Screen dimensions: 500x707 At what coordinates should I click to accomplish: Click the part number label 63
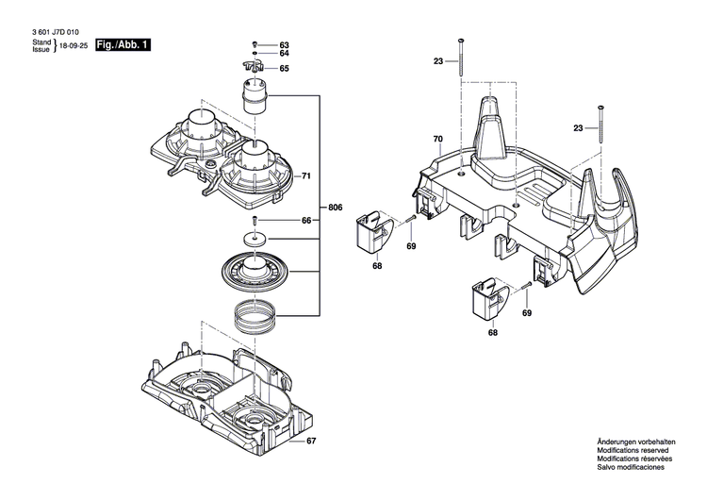tap(284, 46)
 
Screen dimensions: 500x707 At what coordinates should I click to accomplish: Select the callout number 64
tap(284, 56)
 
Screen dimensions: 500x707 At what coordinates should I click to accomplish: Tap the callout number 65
tap(284, 69)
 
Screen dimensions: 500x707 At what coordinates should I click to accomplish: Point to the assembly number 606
tap(334, 208)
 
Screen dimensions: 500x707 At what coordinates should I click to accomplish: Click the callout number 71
tap(304, 176)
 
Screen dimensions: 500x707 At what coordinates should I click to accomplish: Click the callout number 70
tap(437, 140)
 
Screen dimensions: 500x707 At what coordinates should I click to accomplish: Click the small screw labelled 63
tap(255, 45)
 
